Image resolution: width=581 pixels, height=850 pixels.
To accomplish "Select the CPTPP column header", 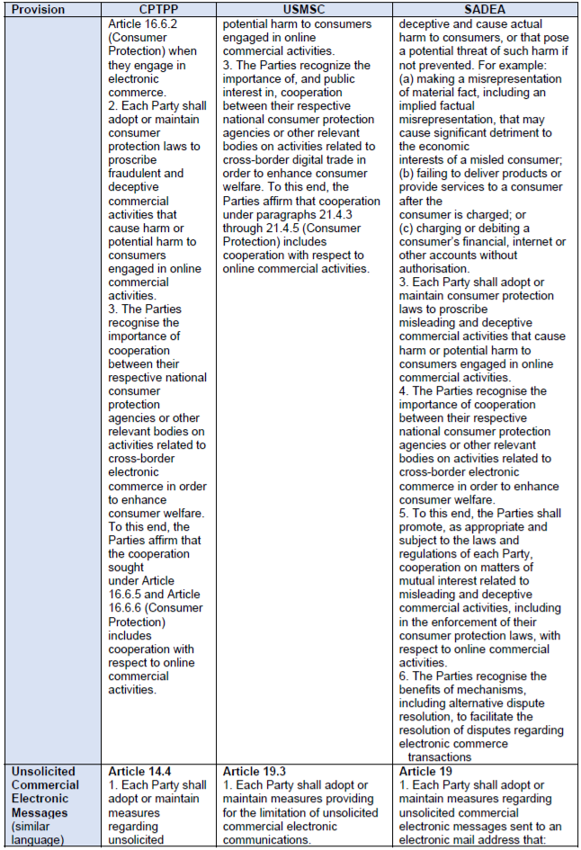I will pos(160,8).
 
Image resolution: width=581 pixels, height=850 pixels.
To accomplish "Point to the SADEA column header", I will pos(487,8).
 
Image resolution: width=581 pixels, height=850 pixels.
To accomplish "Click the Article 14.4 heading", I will pos(139,772).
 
